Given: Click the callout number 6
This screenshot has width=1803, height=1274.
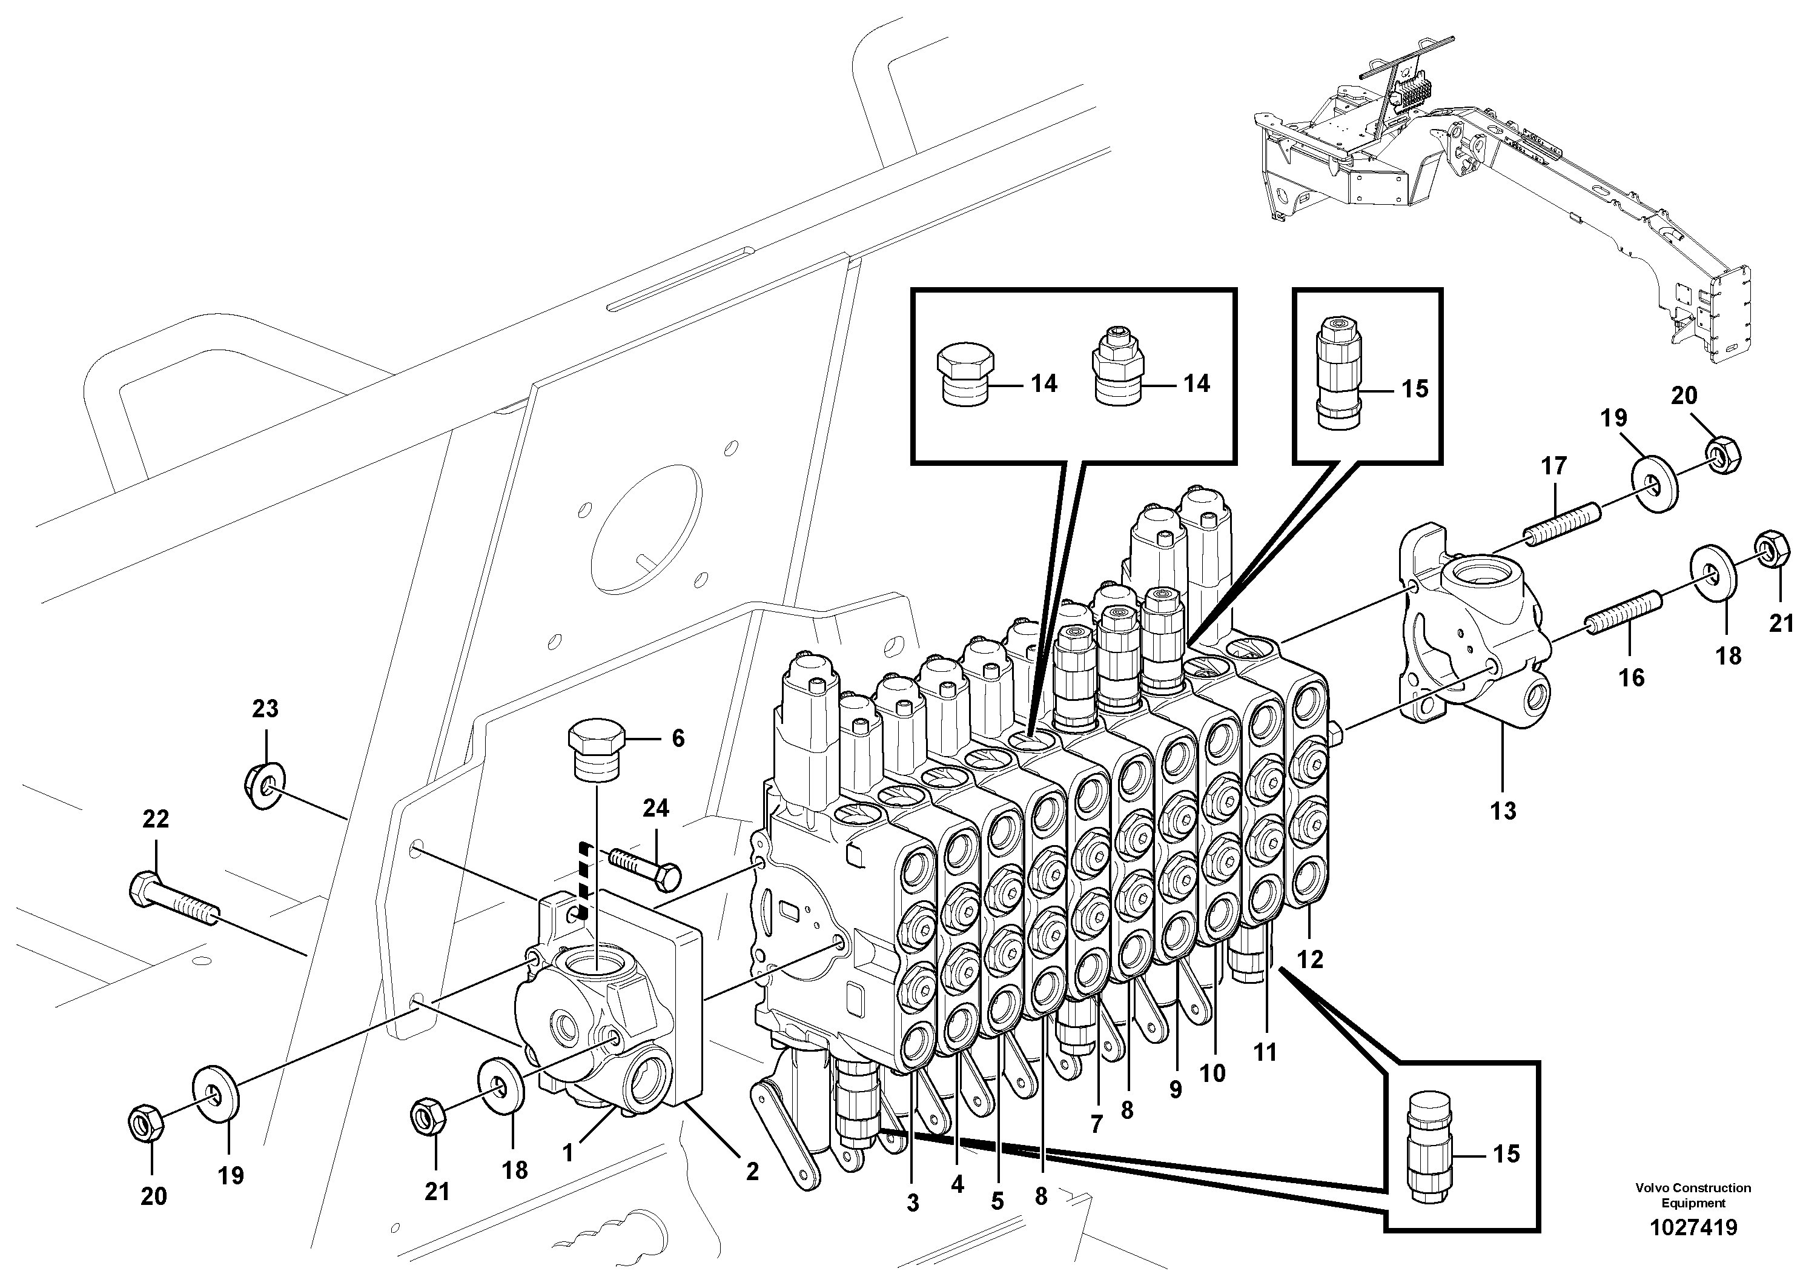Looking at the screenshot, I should click(677, 738).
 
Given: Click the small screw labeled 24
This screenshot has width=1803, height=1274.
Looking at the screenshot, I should click(644, 866).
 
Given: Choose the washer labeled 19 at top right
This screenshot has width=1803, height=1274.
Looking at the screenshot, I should click(1655, 480).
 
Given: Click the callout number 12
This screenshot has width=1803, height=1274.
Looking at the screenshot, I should click(1310, 959).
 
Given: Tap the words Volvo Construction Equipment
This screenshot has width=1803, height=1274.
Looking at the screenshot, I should click(1693, 1195).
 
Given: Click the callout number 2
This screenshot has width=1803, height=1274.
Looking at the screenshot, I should click(752, 1172).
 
